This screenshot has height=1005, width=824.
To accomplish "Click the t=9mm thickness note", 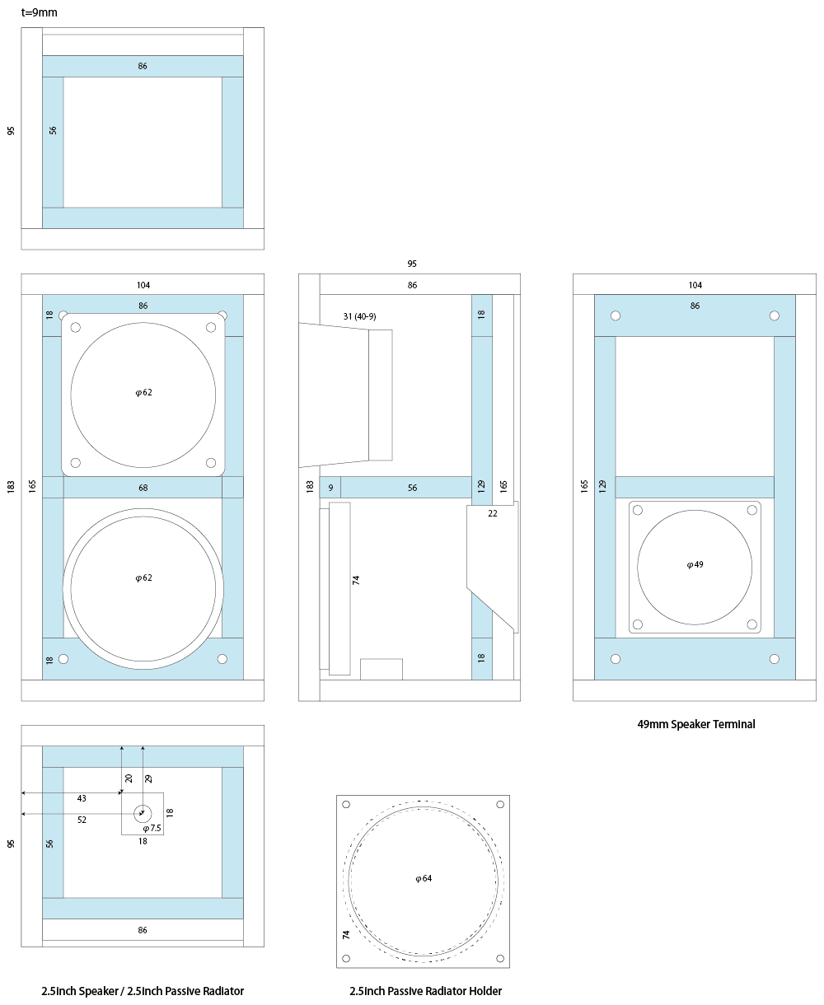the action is [x=39, y=12].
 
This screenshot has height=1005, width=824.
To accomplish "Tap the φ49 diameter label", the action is [x=695, y=564].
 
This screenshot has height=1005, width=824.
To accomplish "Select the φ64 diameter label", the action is [x=424, y=878].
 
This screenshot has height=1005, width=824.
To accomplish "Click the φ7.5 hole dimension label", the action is [x=152, y=828].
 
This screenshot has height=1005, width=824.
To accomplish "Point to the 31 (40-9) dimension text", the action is [x=359, y=316].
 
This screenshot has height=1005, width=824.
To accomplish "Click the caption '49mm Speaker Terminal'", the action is [x=695, y=724].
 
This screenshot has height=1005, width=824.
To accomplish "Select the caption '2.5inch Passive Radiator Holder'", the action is [x=425, y=991].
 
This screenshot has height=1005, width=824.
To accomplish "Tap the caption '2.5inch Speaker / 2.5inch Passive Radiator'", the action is [x=143, y=991].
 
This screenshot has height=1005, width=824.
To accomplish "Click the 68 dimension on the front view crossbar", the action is [x=143, y=488].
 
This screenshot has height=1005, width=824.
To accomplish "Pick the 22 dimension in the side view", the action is [x=492, y=513].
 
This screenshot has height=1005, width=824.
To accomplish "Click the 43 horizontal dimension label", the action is [x=82, y=798].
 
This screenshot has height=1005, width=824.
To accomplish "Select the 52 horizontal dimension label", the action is [x=82, y=820].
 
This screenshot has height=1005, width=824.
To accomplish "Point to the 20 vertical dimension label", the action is [x=129, y=778].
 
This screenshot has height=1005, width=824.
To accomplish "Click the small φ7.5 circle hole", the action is [x=143, y=813].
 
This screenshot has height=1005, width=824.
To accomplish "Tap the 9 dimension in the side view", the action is [x=330, y=488].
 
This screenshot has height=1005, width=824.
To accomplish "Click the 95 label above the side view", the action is [x=412, y=264].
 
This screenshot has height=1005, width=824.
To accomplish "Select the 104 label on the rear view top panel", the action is [x=695, y=285].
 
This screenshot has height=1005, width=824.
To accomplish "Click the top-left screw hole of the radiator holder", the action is [x=346, y=804].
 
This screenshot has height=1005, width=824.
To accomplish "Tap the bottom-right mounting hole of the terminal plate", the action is [x=751, y=624].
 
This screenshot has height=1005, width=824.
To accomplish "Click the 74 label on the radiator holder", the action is [x=346, y=934].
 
